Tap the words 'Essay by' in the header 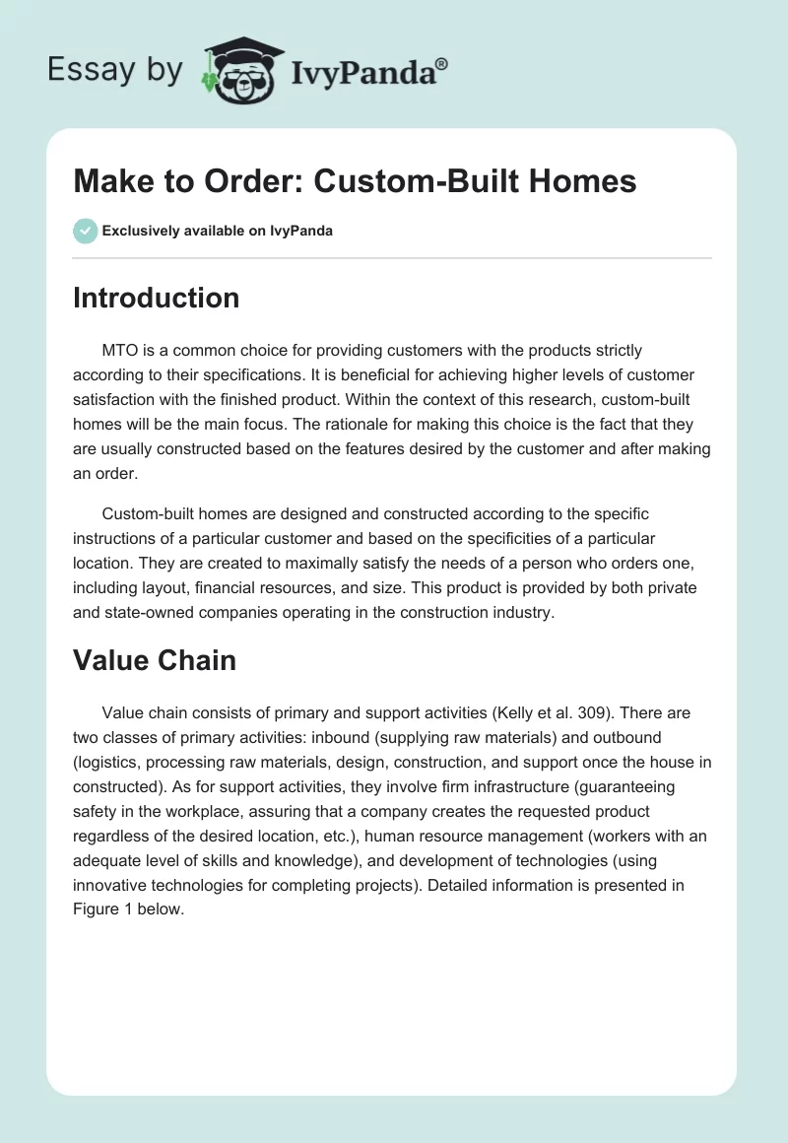(x=115, y=69)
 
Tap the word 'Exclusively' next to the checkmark (x=139, y=232)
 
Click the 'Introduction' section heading (x=156, y=298)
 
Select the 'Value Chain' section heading (x=155, y=659)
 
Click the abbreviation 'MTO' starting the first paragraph (x=121, y=350)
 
